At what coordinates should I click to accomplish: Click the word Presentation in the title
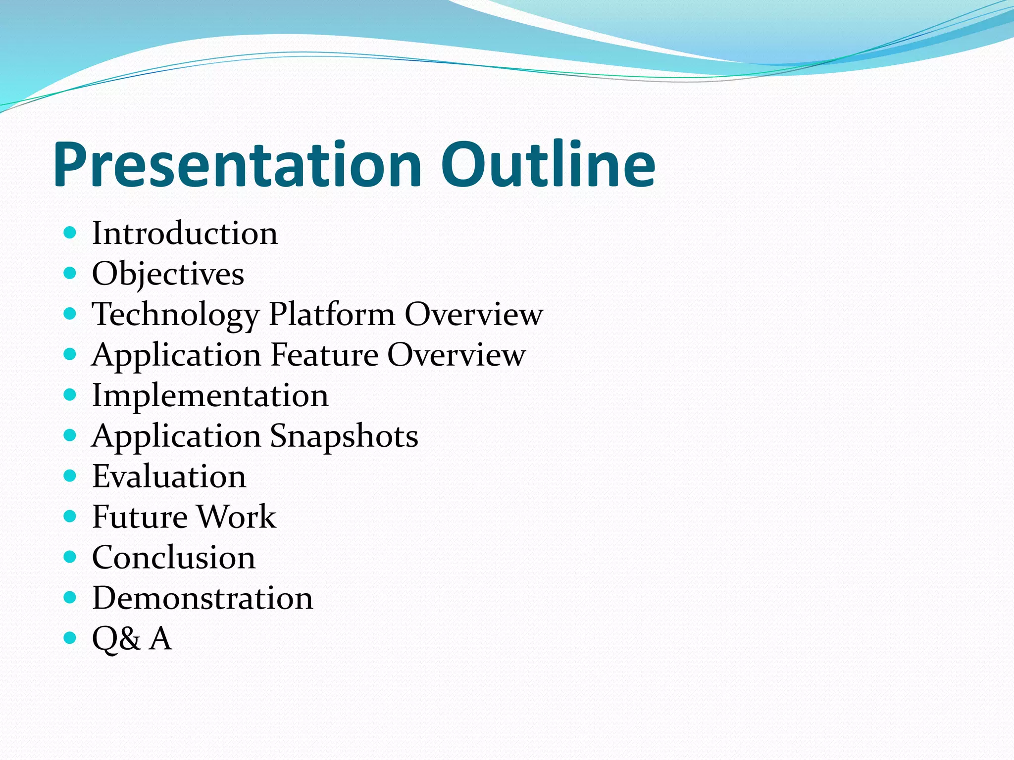click(238, 165)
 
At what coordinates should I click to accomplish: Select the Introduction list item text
click(185, 233)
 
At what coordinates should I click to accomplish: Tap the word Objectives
click(168, 274)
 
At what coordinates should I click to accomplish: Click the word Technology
click(176, 315)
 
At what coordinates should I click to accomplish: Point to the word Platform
click(331, 315)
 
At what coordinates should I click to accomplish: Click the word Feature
click(324, 355)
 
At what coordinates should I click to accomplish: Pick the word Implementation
click(210, 396)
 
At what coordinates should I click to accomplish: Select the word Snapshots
click(344, 436)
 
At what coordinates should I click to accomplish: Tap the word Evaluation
click(169, 476)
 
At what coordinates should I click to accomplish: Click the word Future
click(140, 517)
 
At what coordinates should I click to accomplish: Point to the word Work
click(237, 517)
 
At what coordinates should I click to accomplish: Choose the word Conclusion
click(174, 558)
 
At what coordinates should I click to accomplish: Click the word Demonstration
click(203, 598)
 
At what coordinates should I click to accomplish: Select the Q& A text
click(132, 639)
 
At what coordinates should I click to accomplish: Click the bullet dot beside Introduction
click(70, 232)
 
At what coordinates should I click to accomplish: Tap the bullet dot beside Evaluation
click(70, 475)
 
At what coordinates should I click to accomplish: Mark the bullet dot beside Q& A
click(70, 638)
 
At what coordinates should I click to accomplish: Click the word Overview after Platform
click(474, 315)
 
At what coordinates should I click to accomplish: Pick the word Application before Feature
click(176, 355)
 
